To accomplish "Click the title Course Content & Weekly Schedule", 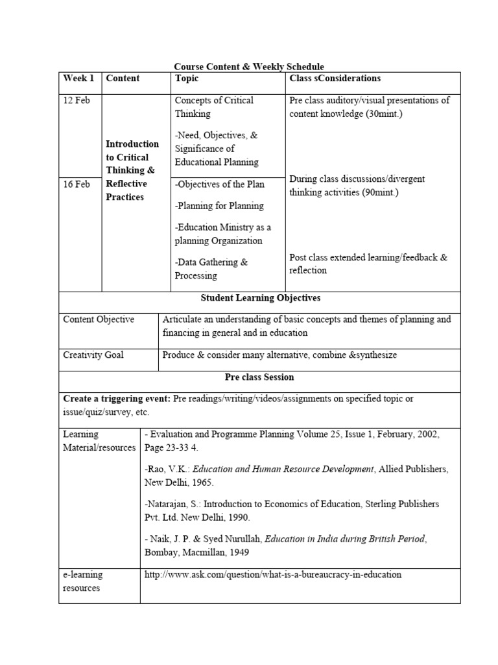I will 248,66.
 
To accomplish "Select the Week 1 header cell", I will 78,79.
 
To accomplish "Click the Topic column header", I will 187,79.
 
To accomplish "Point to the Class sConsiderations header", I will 335,79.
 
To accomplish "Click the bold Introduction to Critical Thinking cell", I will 132,170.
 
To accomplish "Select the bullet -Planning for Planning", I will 219,206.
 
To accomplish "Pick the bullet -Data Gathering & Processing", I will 211,269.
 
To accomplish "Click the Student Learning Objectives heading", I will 259,298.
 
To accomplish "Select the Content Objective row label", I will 99,320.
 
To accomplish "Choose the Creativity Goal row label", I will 93,355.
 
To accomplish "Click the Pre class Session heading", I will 259,377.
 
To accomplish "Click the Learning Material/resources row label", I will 99,441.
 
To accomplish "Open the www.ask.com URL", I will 273,575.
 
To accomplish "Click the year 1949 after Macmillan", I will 237,553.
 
